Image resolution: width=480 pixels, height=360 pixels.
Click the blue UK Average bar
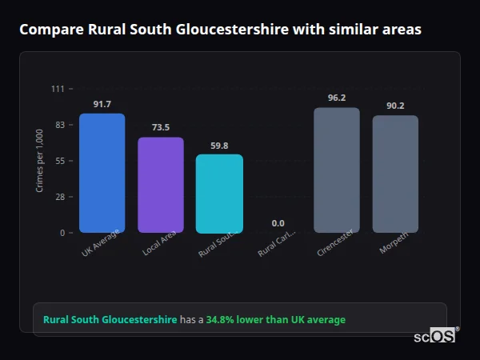coord(102,173)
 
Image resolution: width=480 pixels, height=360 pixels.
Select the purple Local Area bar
coord(161,185)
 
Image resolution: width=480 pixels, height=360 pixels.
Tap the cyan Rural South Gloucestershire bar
coord(219,194)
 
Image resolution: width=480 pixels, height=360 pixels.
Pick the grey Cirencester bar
coord(336,170)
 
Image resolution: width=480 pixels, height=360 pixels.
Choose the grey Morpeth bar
coord(395,174)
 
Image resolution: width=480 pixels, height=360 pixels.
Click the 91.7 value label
coord(102,105)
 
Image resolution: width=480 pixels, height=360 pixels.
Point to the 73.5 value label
coord(161,128)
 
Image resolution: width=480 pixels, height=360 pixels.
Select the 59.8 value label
coord(219,146)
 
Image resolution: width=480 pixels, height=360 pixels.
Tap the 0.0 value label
coord(278,223)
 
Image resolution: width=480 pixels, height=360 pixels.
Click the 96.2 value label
coord(336,98)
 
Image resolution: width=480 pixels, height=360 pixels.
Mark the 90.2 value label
coord(395,106)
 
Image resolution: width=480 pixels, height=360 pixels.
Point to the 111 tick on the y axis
coord(58,89)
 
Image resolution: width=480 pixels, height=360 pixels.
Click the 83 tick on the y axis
coord(60,125)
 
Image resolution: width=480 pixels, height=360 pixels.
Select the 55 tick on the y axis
coord(60,161)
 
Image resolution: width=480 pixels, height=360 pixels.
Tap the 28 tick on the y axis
coord(60,197)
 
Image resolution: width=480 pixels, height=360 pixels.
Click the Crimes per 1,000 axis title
coord(39,161)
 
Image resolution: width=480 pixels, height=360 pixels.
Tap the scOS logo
coord(435,336)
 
